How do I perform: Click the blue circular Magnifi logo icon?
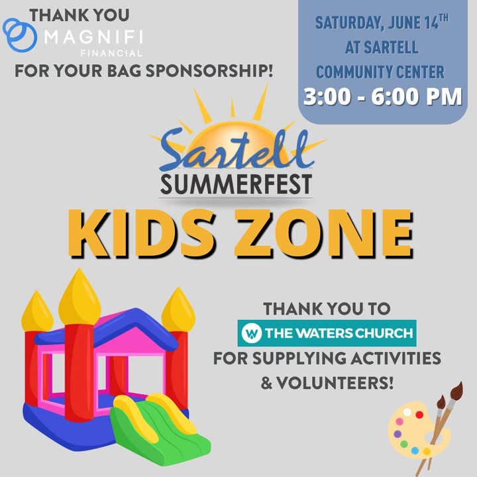point(20,35)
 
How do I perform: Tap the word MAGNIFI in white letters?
point(93,37)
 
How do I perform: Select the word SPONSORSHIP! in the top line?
point(209,71)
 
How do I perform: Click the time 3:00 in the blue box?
point(327,97)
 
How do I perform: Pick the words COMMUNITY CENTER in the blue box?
point(380,72)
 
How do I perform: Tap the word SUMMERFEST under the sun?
point(236,184)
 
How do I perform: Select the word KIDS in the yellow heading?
point(142,234)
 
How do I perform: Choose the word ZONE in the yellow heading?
point(323,234)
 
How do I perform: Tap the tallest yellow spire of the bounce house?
point(79,297)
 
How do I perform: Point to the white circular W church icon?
point(252,333)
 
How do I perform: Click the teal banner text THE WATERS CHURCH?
point(339,333)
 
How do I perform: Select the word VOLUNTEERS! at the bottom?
point(335,383)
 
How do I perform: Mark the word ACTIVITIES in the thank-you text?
point(396,358)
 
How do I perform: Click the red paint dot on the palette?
point(419,414)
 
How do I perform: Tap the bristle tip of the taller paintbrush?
point(458,388)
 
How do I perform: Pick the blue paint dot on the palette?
point(415,450)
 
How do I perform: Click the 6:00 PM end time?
point(417,97)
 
